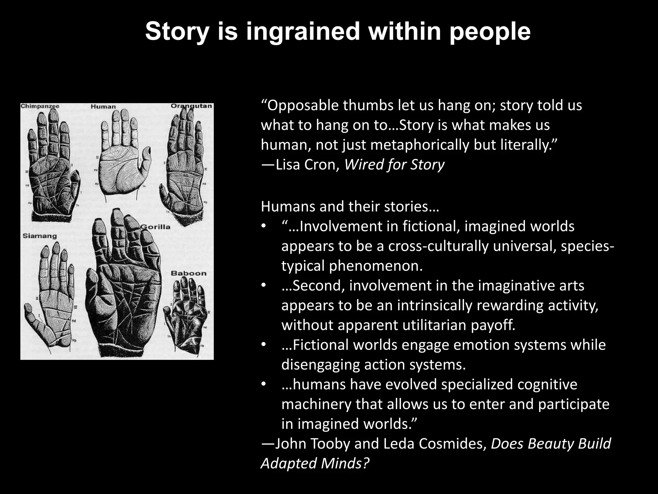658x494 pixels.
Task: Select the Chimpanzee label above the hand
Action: (40, 106)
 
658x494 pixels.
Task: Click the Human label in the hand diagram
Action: (103, 106)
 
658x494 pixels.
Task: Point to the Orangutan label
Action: (191, 106)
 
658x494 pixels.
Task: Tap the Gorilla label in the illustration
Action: (156, 227)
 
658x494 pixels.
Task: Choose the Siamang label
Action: (40, 236)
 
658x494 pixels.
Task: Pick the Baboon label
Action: (189, 273)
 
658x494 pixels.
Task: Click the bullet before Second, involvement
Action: (264, 286)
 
